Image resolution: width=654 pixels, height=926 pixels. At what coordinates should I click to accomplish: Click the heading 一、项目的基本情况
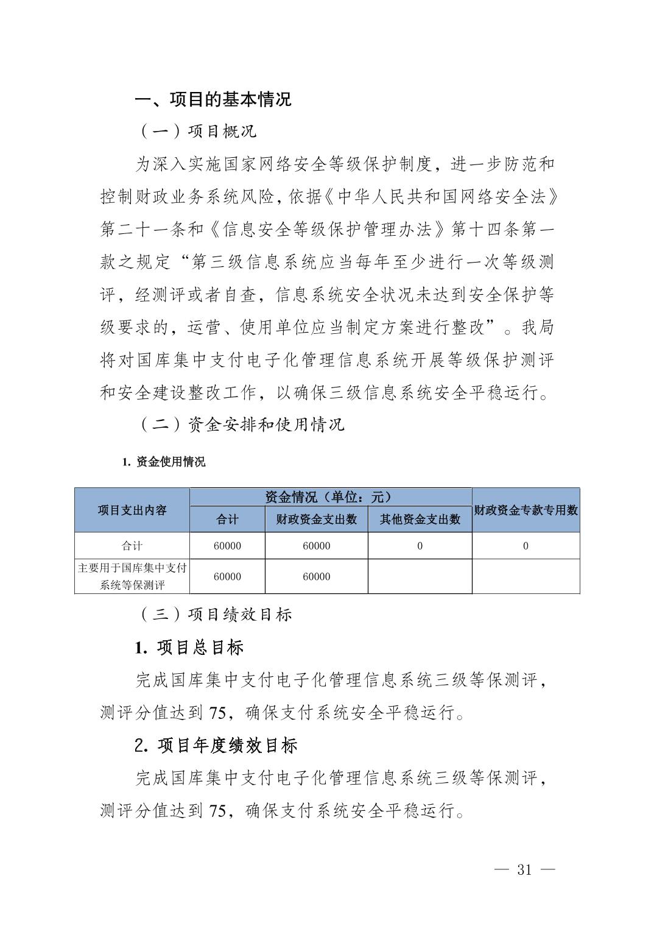213,99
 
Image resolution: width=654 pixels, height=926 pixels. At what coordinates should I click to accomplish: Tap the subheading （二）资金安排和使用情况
242,424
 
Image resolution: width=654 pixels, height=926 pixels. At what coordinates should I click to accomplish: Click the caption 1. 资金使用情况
164,462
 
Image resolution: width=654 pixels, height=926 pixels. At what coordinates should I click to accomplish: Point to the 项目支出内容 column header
132,511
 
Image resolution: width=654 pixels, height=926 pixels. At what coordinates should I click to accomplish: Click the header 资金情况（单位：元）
330,497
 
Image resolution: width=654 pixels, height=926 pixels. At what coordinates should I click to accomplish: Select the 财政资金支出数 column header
317,520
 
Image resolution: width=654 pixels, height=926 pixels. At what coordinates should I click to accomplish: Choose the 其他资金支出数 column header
420,520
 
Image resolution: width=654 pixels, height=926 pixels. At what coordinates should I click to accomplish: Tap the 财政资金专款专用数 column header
526,511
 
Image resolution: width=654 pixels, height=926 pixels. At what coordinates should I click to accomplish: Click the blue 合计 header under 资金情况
227,520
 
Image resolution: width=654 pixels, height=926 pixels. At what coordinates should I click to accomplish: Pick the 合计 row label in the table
132,546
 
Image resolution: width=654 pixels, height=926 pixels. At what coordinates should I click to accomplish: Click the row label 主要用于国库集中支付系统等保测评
132,576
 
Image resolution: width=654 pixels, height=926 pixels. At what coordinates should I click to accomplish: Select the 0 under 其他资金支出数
420,546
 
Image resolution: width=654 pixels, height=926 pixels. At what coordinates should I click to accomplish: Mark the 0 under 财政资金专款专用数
526,546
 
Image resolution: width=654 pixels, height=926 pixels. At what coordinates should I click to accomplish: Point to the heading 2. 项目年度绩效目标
216,745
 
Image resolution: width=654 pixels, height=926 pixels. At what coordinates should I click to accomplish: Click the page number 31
524,869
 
